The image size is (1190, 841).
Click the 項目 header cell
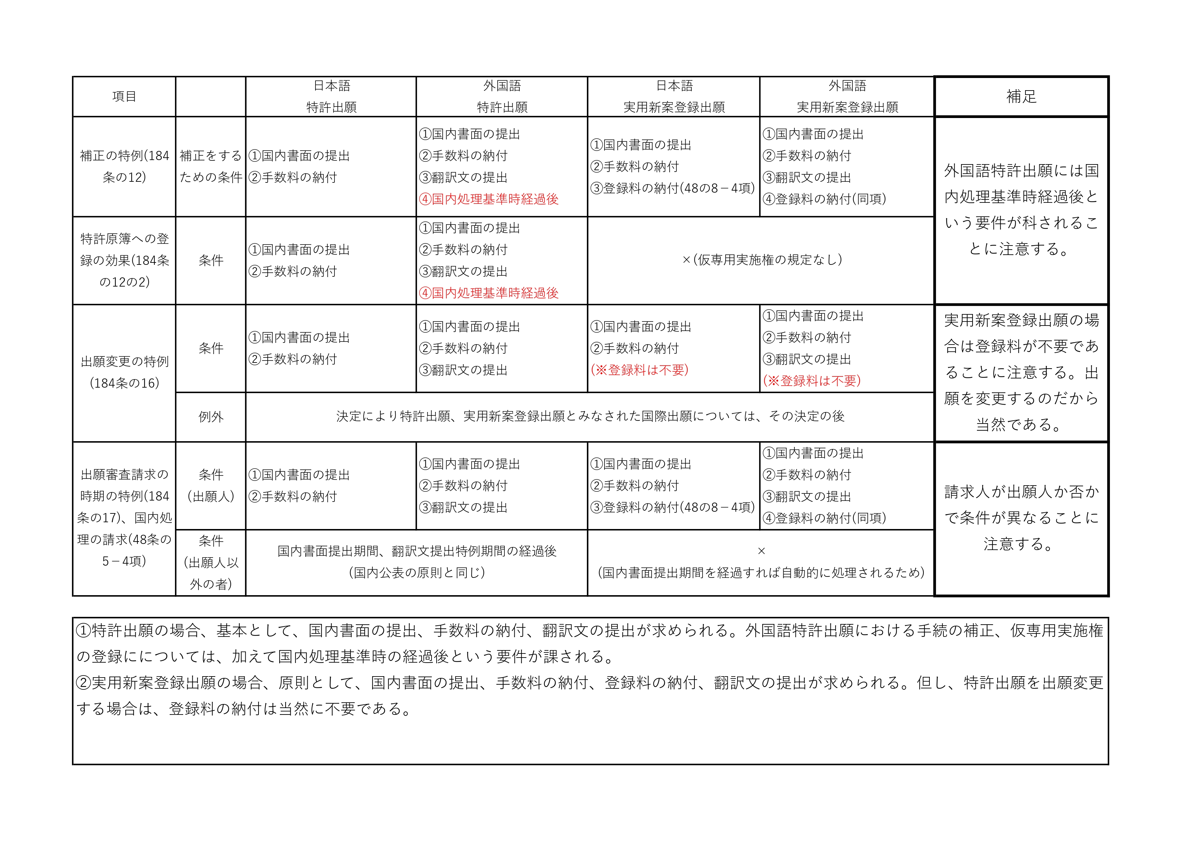(x=124, y=96)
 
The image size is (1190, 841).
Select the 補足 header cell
(x=1021, y=96)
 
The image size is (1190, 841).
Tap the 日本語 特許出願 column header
(x=331, y=96)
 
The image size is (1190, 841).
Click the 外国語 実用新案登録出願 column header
(x=847, y=96)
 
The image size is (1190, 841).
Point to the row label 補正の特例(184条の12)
(x=124, y=166)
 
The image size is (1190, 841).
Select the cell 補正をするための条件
(x=210, y=166)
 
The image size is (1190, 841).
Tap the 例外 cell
(x=210, y=417)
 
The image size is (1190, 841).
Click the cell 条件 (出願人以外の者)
(x=210, y=562)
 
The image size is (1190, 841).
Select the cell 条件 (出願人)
(x=210, y=486)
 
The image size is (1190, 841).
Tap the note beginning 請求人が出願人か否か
(x=1021, y=518)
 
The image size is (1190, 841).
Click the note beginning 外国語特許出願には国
(x=1021, y=210)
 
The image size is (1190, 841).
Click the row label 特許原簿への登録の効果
(x=124, y=260)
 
